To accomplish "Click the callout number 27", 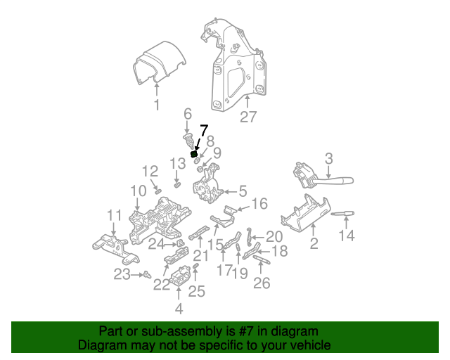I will [248, 117].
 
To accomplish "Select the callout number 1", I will [157, 105].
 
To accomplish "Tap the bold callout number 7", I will [204, 130].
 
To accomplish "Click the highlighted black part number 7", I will [193, 154].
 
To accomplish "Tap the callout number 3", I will [328, 159].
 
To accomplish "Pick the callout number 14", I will [347, 236].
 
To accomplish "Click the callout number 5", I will [242, 191].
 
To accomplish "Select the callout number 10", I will [137, 191].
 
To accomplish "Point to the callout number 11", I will [115, 215].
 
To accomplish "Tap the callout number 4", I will [179, 308].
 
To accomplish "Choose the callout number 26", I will [262, 284].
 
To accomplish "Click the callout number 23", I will [122, 274].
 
